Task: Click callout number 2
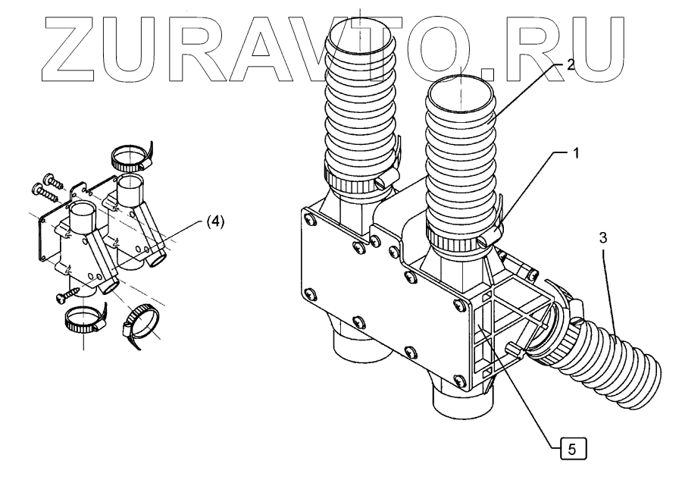[569, 65]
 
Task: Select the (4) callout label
[214, 221]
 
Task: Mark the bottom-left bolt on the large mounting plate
[308, 293]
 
